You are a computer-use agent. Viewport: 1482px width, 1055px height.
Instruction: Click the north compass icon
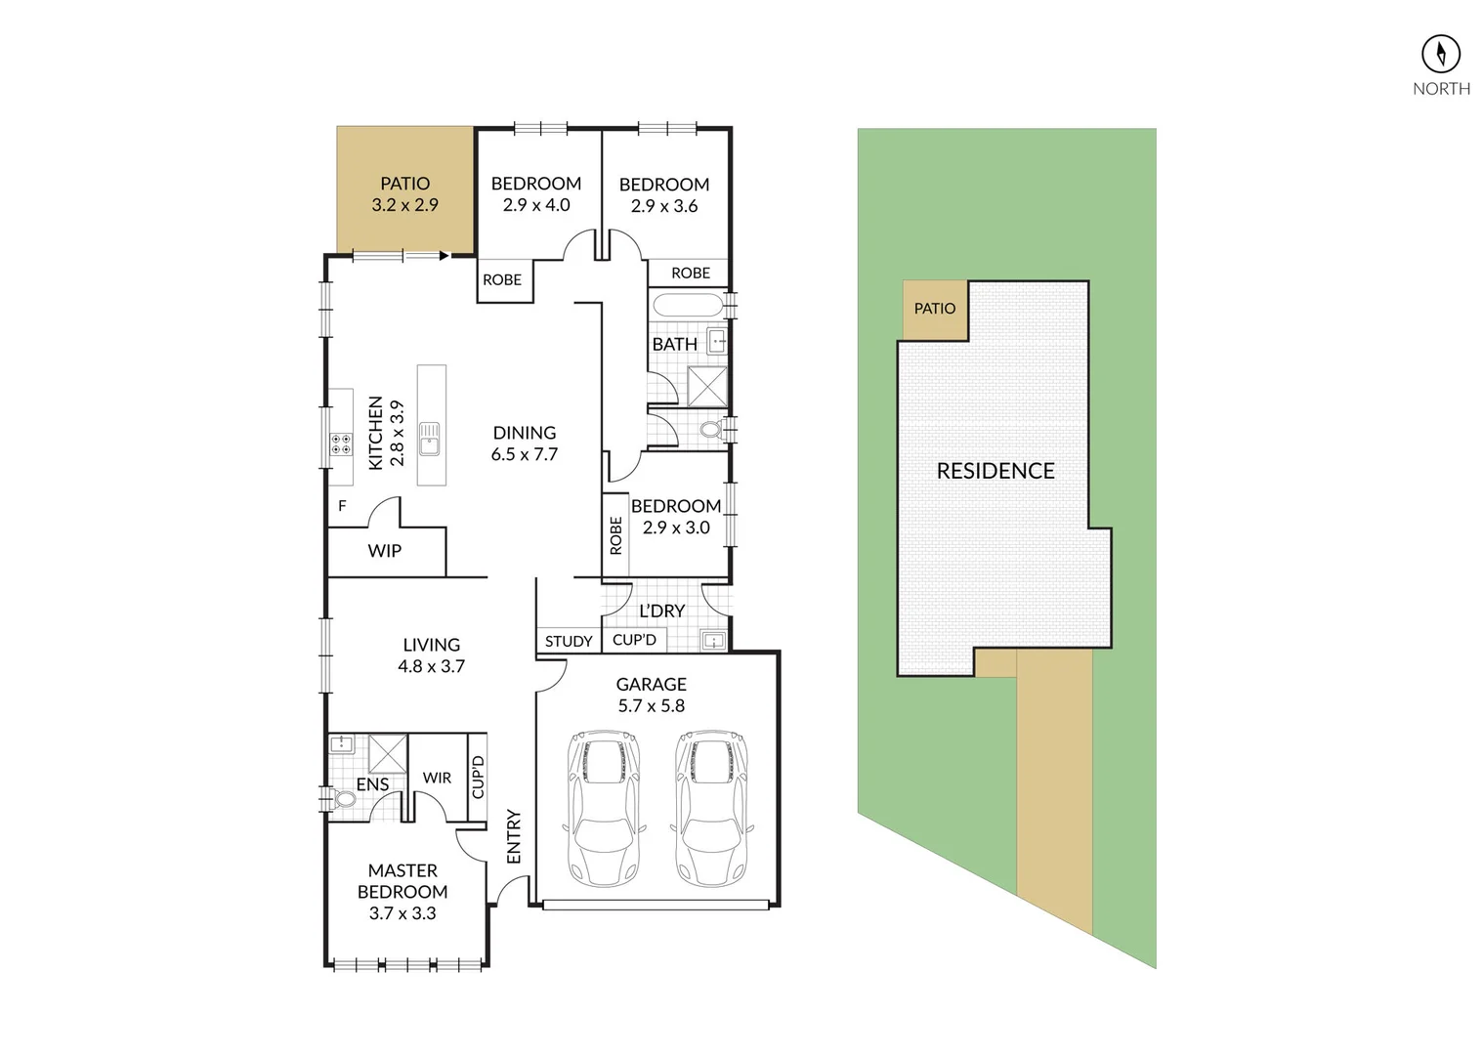[x=1440, y=54]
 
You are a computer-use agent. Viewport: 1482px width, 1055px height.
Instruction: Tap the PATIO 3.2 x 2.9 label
[x=404, y=194]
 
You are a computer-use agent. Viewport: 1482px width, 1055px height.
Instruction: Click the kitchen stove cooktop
[x=341, y=444]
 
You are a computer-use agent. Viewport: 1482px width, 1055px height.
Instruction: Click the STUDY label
[x=569, y=641]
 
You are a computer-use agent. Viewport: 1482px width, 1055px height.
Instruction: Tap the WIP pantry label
[x=384, y=551]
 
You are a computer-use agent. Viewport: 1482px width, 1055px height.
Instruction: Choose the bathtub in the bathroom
[x=688, y=304]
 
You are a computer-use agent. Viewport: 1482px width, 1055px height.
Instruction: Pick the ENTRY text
[x=514, y=836]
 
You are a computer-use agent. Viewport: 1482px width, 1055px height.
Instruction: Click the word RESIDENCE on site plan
[x=995, y=471]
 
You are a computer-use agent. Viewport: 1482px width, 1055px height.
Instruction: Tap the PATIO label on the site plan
[x=934, y=309]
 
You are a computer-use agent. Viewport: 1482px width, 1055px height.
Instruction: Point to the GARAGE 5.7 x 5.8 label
[x=651, y=695]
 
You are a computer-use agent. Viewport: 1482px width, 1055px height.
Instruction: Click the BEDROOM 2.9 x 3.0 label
[x=676, y=517]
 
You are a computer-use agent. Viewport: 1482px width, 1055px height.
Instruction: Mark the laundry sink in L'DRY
[x=714, y=641]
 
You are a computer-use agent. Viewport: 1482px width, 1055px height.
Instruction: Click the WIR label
[x=437, y=778]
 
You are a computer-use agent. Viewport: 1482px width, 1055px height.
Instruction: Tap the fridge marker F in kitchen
[x=342, y=506]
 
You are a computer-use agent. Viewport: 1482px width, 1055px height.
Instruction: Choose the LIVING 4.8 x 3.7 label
[x=431, y=655]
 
